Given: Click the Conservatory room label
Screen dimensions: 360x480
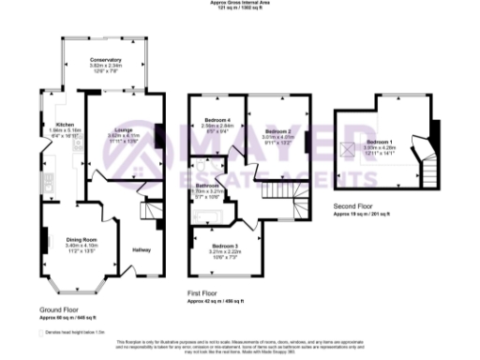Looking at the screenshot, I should [105, 59].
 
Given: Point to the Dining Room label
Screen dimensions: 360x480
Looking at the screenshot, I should [83, 240].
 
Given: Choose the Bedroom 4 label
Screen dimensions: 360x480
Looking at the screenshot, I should [216, 122].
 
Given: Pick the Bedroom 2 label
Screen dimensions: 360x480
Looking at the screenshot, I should [277, 130].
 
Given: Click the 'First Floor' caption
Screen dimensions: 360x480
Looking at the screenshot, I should [203, 292].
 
